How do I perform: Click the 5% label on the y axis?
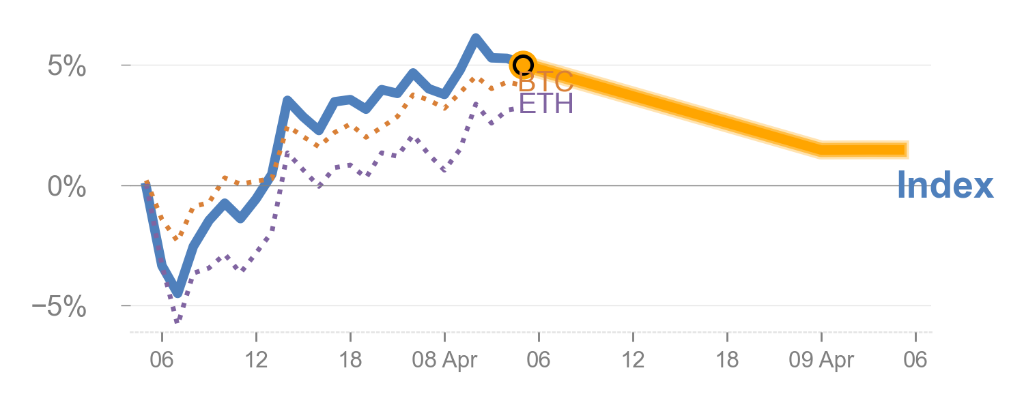point(67,67)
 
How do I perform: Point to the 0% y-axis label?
point(67,187)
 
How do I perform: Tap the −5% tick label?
point(59,307)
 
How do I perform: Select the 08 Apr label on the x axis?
point(444,361)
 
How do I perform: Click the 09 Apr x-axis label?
point(821,361)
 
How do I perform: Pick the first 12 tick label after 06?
point(256,361)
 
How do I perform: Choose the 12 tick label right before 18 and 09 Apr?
point(633,361)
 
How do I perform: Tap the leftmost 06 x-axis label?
point(162,361)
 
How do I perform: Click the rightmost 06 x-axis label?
point(915,361)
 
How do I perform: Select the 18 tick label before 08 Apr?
point(350,361)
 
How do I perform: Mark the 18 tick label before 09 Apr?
point(727,361)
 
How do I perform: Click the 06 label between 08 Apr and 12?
point(539,361)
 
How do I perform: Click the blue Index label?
point(945,185)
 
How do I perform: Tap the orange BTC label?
point(545,82)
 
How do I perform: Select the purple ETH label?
point(545,104)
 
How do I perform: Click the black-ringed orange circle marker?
point(523,65)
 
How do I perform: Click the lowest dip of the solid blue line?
point(177,292)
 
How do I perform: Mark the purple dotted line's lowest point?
point(177,320)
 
